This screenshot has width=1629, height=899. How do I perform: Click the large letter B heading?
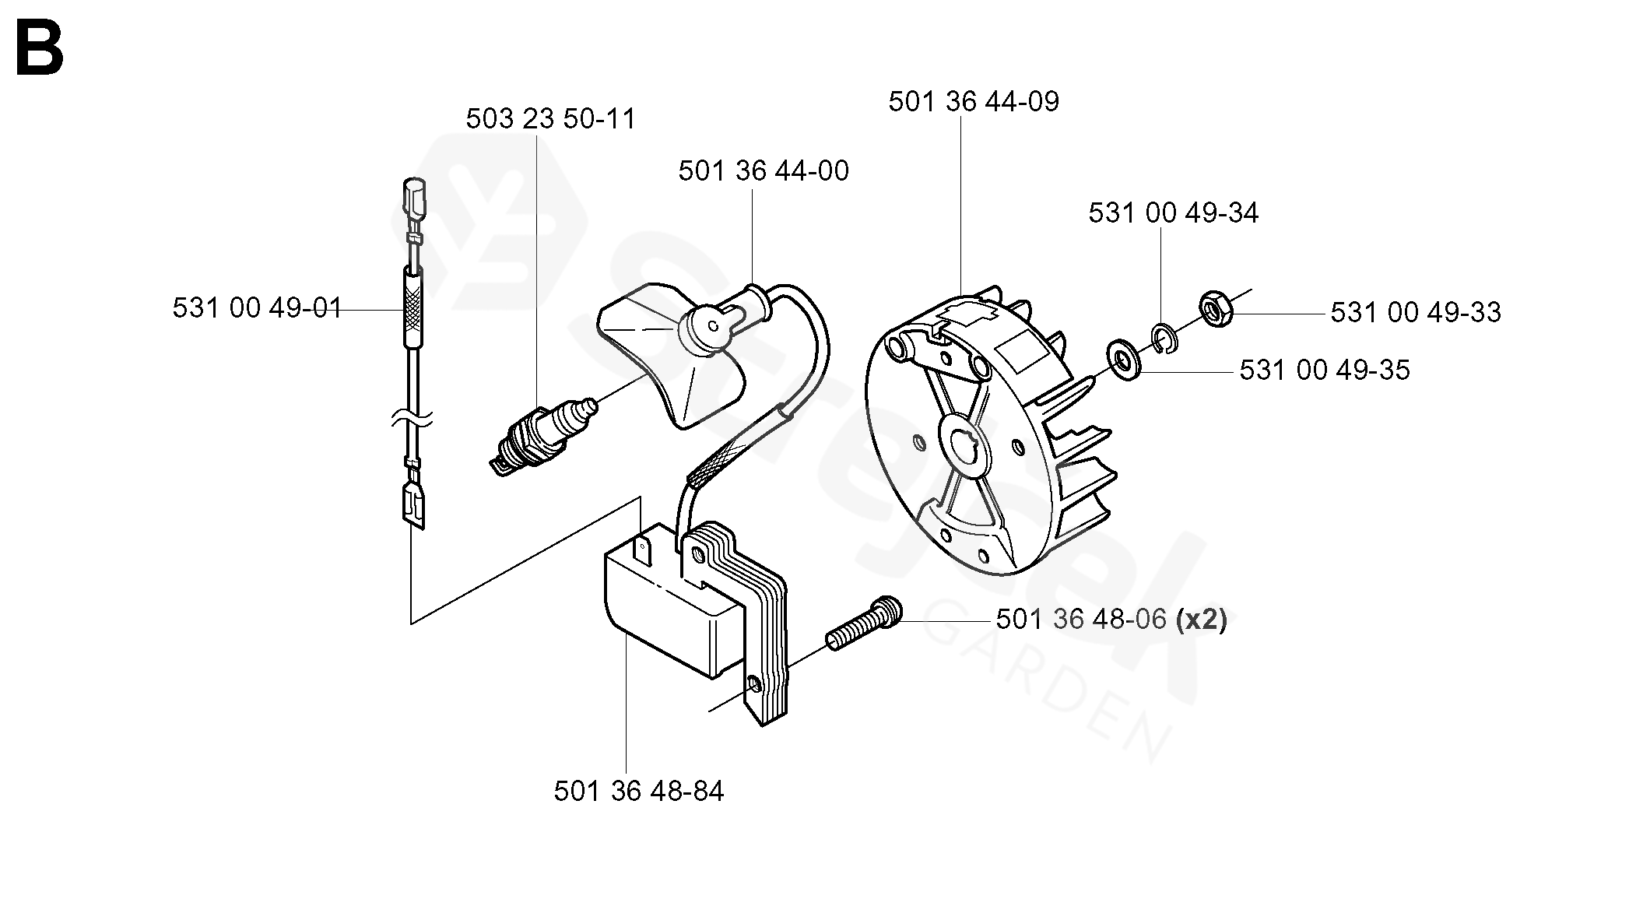[x=39, y=51]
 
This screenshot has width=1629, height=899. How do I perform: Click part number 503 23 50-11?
[x=550, y=119]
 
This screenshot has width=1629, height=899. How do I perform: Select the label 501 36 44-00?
[x=763, y=171]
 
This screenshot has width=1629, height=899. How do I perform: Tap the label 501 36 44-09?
[x=973, y=102]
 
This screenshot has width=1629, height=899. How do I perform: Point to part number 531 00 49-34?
[x=1173, y=213]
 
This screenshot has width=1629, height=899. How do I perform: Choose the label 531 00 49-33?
[x=1415, y=313]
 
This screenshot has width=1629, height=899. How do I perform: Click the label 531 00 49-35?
[x=1324, y=370]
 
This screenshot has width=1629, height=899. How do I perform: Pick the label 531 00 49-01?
[x=257, y=309]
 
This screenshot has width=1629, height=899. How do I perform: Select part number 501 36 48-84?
[x=638, y=792]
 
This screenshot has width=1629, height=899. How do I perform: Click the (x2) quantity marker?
[x=1201, y=620]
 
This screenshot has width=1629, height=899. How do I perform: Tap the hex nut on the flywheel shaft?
[x=1214, y=309]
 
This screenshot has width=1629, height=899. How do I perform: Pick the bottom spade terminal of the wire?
[x=413, y=506]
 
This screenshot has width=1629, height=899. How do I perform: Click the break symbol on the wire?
[x=413, y=420]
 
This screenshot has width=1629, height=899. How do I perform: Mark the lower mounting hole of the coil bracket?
[x=753, y=684]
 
